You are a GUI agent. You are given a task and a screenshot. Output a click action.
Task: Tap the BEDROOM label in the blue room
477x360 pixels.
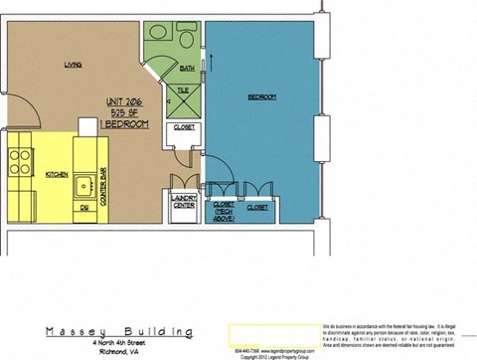click(x=261, y=96)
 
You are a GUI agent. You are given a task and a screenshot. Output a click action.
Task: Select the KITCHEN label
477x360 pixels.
click(x=57, y=174)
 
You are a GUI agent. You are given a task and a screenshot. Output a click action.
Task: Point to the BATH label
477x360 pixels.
click(x=187, y=69)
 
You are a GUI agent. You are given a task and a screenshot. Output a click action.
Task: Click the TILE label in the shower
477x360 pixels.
click(x=183, y=90)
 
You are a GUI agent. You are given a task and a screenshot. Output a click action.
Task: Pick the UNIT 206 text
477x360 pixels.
click(x=126, y=102)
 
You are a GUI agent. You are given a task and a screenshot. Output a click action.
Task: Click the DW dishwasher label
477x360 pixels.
click(x=84, y=208)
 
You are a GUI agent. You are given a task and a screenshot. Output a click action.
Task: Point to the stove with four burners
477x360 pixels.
click(x=19, y=161)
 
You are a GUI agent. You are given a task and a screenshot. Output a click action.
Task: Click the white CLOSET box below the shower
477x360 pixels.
click(x=184, y=128)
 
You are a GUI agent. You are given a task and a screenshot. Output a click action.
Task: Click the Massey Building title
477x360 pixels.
click(x=117, y=331)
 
